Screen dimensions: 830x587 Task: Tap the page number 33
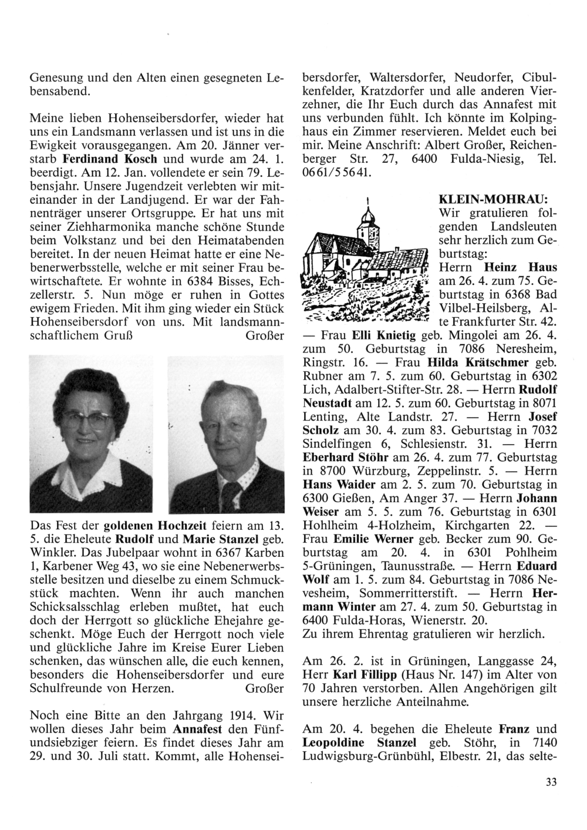tap(550, 781)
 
